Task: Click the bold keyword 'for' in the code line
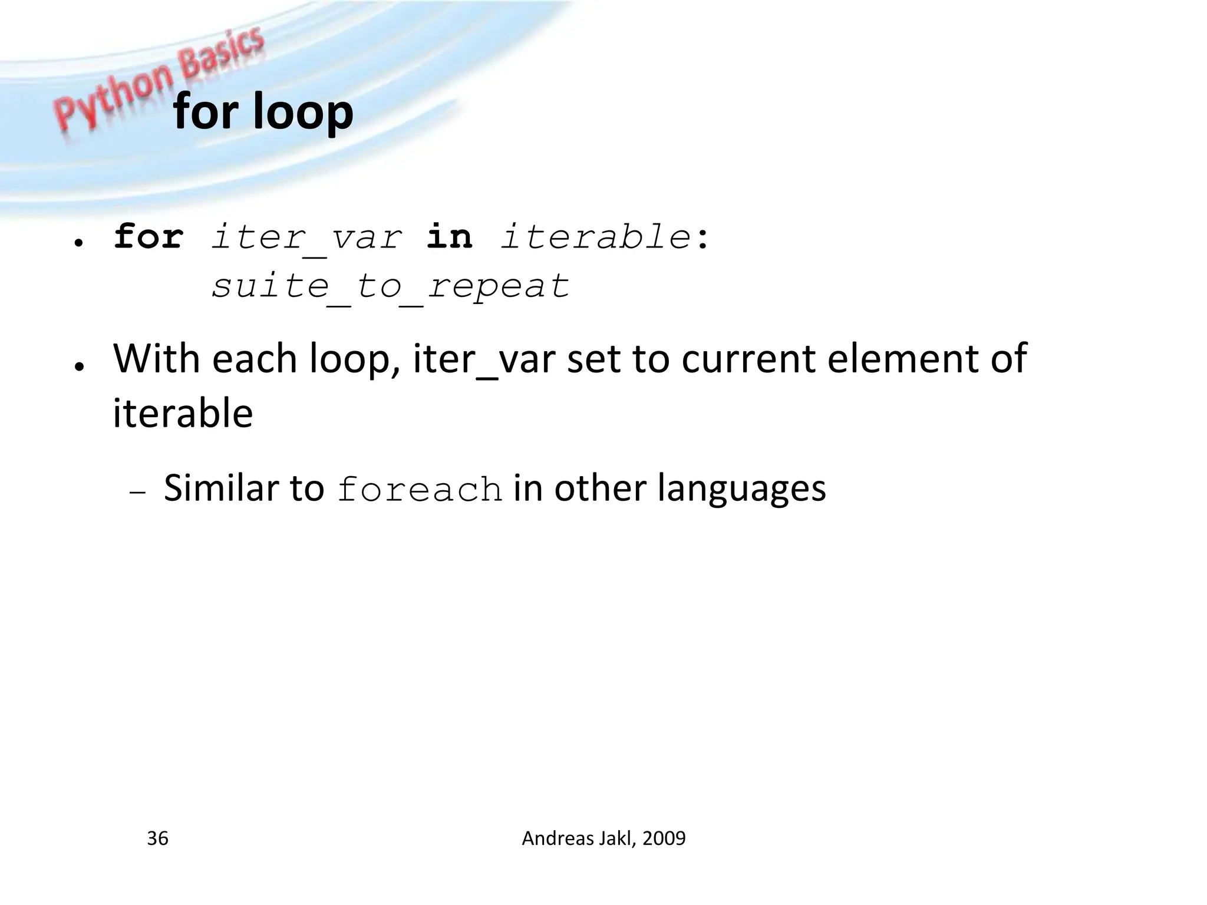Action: [x=149, y=237]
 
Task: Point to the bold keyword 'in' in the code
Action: [x=449, y=237]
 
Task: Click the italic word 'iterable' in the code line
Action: [x=595, y=237]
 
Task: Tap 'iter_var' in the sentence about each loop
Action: [x=484, y=359]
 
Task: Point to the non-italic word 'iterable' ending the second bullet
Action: [x=183, y=413]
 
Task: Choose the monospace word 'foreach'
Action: [x=420, y=490]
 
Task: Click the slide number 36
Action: [x=157, y=838]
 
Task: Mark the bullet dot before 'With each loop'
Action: [x=78, y=366]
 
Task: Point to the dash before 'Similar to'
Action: [x=137, y=493]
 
